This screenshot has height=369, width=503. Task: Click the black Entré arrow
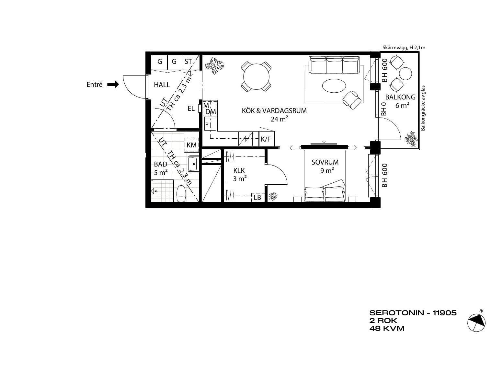(113, 85)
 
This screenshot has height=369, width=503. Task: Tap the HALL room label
(162, 85)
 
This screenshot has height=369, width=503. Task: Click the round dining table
(256, 76)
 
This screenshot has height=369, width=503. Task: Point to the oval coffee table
(334, 85)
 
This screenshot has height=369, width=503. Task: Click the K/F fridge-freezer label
(266, 139)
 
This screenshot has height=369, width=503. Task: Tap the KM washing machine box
(191, 145)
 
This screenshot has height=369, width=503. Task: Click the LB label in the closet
(257, 197)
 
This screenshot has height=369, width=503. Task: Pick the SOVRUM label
(325, 162)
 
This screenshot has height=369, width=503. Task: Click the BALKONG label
(400, 97)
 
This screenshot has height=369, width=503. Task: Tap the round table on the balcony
(406, 74)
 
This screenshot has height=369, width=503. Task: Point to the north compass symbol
(476, 322)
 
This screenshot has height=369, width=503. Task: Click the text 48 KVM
(387, 329)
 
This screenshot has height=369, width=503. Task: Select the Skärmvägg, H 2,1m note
(404, 48)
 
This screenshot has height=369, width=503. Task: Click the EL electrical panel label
(191, 109)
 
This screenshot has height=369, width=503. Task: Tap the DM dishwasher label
(211, 112)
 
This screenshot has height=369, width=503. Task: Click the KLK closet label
(239, 171)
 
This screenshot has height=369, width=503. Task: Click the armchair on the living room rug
(352, 100)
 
